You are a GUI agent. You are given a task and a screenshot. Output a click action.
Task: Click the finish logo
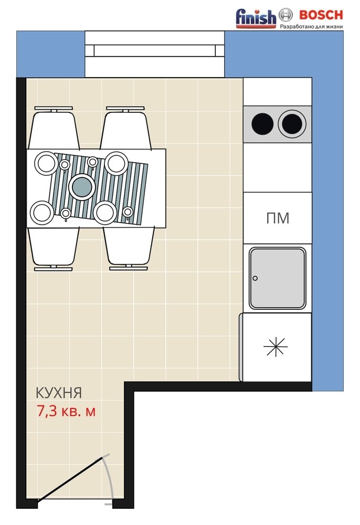256,18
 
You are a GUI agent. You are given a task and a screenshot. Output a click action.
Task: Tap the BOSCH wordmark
321,15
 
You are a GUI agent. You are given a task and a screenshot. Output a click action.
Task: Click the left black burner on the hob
262,123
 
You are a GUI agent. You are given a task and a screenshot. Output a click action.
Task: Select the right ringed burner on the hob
292,123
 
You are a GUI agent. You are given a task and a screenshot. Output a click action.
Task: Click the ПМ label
278,218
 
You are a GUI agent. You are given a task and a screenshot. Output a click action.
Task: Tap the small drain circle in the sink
255,278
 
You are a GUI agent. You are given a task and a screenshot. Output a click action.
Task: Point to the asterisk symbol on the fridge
276,346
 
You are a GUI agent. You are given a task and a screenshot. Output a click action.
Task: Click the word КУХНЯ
59,393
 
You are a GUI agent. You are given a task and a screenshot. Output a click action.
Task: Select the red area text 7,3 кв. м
66,411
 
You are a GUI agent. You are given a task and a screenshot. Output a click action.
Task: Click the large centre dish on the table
81,186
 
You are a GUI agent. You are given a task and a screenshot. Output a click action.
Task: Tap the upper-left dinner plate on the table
47,163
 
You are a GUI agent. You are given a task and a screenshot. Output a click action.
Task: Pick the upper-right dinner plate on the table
117,163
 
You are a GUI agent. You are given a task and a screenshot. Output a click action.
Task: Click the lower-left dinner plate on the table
41,213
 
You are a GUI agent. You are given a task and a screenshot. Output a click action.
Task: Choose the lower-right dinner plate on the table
105,213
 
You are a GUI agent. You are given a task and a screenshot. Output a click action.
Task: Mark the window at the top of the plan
155,54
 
